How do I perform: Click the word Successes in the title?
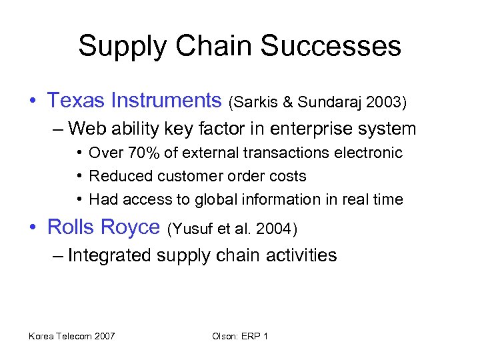point(331,47)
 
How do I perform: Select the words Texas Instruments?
point(134,101)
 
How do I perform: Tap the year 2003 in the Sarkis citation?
point(383,102)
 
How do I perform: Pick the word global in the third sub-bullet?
point(223,199)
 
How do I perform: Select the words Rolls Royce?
point(104,227)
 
